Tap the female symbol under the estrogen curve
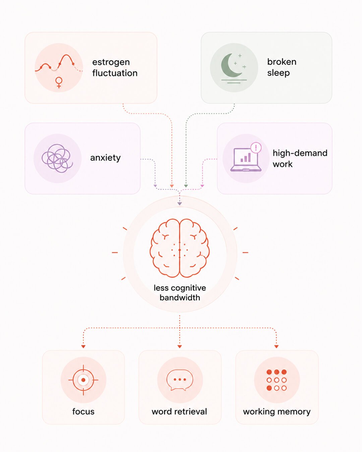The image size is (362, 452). pos(59,82)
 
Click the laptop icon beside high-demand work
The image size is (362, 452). pos(246,160)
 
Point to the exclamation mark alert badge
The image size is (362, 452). pos(256,147)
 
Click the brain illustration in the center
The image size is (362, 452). pos(179,248)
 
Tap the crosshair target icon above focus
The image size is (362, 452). pos(83,380)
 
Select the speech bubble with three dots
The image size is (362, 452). pos(180,380)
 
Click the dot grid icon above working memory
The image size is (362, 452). pos(277,380)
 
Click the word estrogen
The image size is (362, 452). pos(111,62)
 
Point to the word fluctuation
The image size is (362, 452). pos(115,73)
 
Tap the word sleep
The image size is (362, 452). pos(279,73)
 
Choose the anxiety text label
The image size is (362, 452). pos(105,158)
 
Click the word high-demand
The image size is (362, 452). pos(300,153)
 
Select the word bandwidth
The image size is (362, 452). pos(180,298)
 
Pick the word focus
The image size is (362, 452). pos(83,411)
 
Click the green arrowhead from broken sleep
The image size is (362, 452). pos(186,186)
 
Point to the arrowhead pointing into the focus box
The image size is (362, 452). pos(83,346)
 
